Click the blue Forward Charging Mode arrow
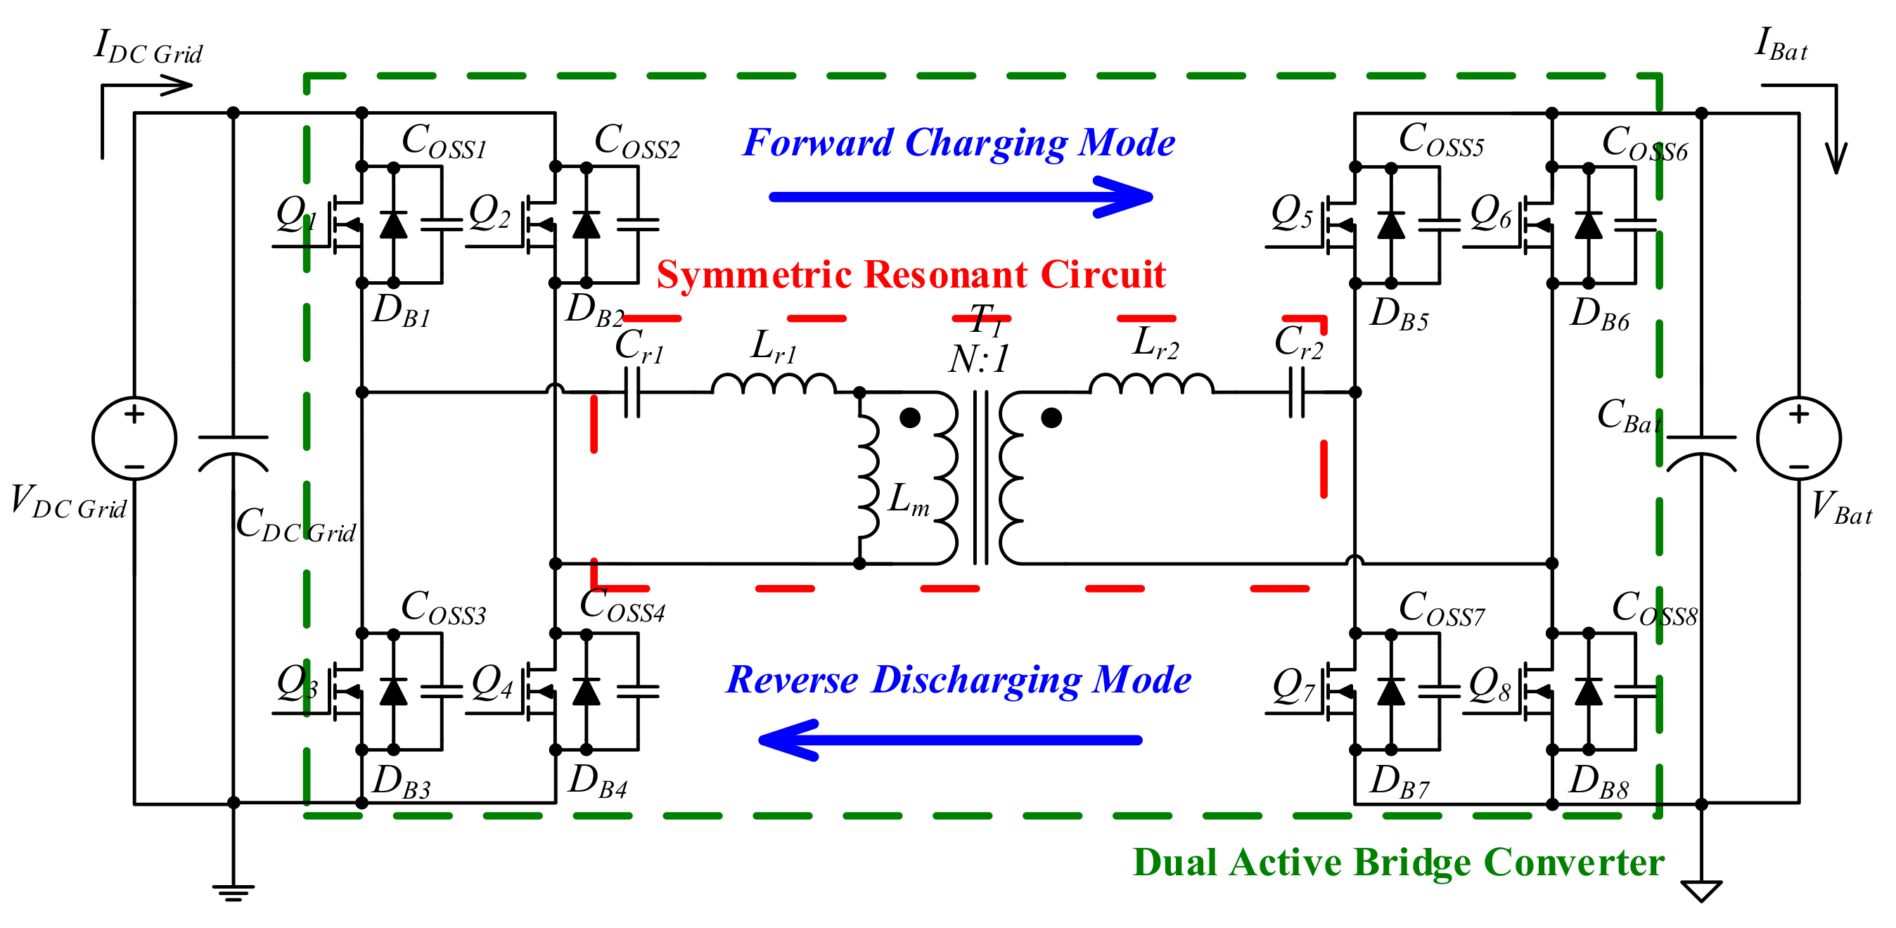[x=957, y=196]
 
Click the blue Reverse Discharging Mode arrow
[x=949, y=740]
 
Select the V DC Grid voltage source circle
[x=134, y=439]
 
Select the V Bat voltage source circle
[x=1798, y=439]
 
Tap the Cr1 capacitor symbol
[x=632, y=392]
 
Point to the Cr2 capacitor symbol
[x=1297, y=392]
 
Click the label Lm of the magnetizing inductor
[x=909, y=500]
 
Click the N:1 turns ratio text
[x=979, y=360]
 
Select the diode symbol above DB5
[x=1390, y=225]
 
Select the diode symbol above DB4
[x=586, y=692]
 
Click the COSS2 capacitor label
[x=636, y=141]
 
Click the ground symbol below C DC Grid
[x=233, y=892]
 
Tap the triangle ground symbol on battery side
[x=1701, y=891]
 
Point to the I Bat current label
[x=1781, y=46]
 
